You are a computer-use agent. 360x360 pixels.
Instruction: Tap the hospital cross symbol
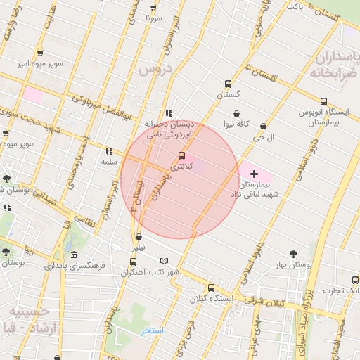tap(254, 173)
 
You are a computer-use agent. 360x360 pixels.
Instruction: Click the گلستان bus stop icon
tap(228, 84)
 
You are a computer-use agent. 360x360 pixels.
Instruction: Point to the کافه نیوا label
tap(238, 124)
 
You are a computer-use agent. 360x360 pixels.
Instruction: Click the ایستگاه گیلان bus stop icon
tap(211, 288)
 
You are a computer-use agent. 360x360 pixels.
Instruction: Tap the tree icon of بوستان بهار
tap(293, 254)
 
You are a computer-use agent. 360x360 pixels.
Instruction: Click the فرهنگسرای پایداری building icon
tap(75, 255)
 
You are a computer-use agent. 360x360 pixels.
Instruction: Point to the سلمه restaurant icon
tap(108, 151)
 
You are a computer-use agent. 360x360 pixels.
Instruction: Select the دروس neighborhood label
tap(155, 69)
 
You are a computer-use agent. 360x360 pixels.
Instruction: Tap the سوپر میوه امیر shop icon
tap(41, 52)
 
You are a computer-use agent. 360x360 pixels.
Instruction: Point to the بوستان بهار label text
tap(293, 265)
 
